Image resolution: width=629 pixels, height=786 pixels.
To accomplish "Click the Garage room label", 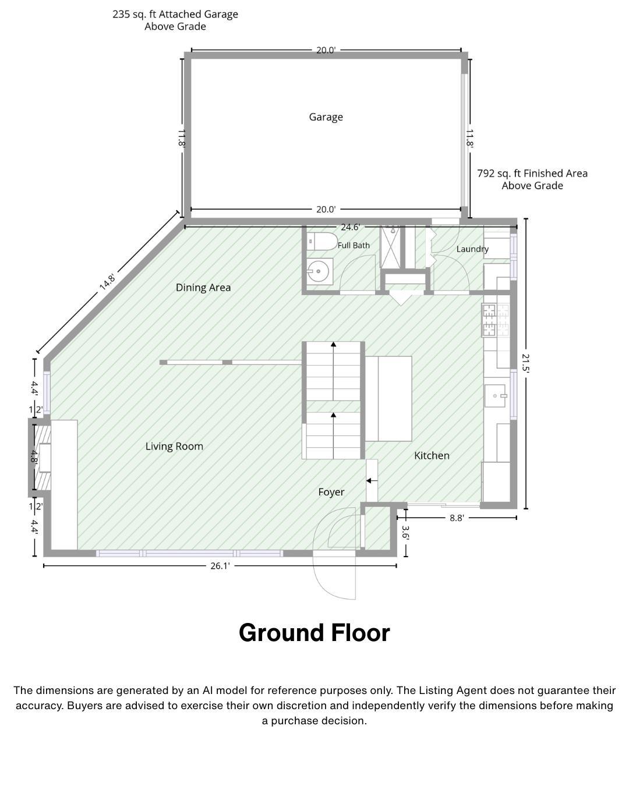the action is (x=326, y=117).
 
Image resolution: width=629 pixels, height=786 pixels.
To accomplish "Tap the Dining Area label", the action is (x=203, y=288).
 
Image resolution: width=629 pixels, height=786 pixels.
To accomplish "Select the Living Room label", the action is (x=174, y=446).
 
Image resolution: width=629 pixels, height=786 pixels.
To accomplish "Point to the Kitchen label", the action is (x=432, y=455).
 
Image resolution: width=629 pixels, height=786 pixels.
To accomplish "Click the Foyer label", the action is (x=331, y=492).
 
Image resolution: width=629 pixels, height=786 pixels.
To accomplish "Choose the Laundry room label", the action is (x=472, y=249).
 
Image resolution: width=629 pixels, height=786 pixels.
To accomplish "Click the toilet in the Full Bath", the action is (x=321, y=241).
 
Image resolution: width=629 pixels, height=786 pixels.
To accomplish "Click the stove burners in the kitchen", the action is (x=496, y=320).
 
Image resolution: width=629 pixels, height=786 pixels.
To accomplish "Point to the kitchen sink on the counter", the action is (x=496, y=395).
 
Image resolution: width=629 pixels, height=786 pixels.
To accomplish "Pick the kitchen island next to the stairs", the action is (x=388, y=399).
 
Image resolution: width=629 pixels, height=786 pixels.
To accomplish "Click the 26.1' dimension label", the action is (x=220, y=566).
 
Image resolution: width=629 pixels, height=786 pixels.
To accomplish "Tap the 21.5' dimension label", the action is (x=525, y=363).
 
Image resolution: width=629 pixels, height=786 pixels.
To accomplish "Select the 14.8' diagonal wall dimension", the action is (x=108, y=282).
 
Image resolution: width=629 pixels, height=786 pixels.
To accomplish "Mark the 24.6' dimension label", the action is (x=350, y=227).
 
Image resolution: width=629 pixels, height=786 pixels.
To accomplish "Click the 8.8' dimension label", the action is (x=457, y=518).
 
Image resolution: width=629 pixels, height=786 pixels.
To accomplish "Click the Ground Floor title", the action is (x=314, y=633).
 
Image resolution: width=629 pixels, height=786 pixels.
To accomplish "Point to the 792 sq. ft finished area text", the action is (x=532, y=179).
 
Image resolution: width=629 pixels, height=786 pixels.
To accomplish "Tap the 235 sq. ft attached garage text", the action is (x=175, y=20).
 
